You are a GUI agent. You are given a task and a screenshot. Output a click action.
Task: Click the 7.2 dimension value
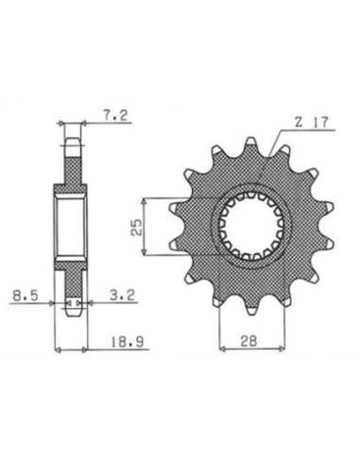(x=115, y=115)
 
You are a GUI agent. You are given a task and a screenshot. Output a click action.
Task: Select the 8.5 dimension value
(x=26, y=296)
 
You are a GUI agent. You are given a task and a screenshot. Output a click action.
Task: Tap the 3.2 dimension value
(x=122, y=295)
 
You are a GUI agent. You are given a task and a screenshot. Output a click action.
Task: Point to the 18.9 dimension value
(x=127, y=342)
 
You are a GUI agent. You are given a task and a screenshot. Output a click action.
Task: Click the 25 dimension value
(x=137, y=227)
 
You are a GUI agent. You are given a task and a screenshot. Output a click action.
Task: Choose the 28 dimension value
(x=249, y=340)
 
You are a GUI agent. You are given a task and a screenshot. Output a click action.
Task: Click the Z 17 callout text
(x=312, y=122)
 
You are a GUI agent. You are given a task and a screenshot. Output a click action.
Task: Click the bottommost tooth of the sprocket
(x=252, y=311)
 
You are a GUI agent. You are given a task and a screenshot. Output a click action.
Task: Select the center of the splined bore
(x=251, y=226)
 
